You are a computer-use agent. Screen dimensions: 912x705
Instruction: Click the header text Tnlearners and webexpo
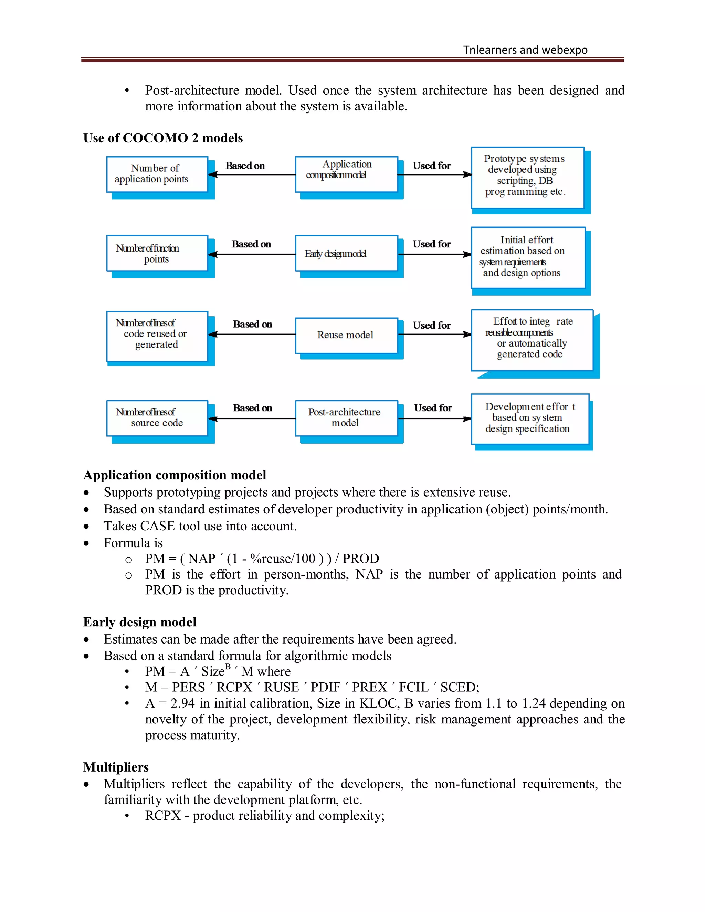pyautogui.click(x=525, y=50)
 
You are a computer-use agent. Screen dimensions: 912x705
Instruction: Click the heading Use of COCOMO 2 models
pyautogui.click(x=163, y=138)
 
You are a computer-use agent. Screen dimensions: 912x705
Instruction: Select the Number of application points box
pyautogui.click(x=157, y=174)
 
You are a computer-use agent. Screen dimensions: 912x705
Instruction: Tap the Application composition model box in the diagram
pyautogui.click(x=346, y=174)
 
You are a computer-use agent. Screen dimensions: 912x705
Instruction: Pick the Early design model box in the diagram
pyautogui.click(x=346, y=254)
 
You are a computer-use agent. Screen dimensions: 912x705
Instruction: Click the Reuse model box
pyautogui.click(x=346, y=335)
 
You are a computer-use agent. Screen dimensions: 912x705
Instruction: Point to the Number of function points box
pyautogui.click(x=157, y=254)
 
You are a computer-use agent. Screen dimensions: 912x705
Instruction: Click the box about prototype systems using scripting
pyautogui.click(x=527, y=178)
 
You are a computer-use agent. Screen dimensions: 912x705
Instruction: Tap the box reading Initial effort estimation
pyautogui.click(x=528, y=257)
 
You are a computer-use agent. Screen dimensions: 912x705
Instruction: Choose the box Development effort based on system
pyautogui.click(x=529, y=418)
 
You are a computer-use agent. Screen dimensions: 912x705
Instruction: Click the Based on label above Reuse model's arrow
pyautogui.click(x=252, y=325)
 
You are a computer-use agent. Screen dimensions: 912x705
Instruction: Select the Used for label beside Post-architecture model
pyautogui.click(x=433, y=408)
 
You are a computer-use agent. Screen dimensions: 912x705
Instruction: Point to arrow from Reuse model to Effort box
pyautogui.click(x=434, y=335)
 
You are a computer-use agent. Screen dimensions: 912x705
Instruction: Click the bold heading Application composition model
pyautogui.click(x=175, y=475)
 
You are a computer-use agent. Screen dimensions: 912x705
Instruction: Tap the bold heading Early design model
pyautogui.click(x=139, y=622)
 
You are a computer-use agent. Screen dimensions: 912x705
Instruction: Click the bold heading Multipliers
pyautogui.click(x=116, y=767)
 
